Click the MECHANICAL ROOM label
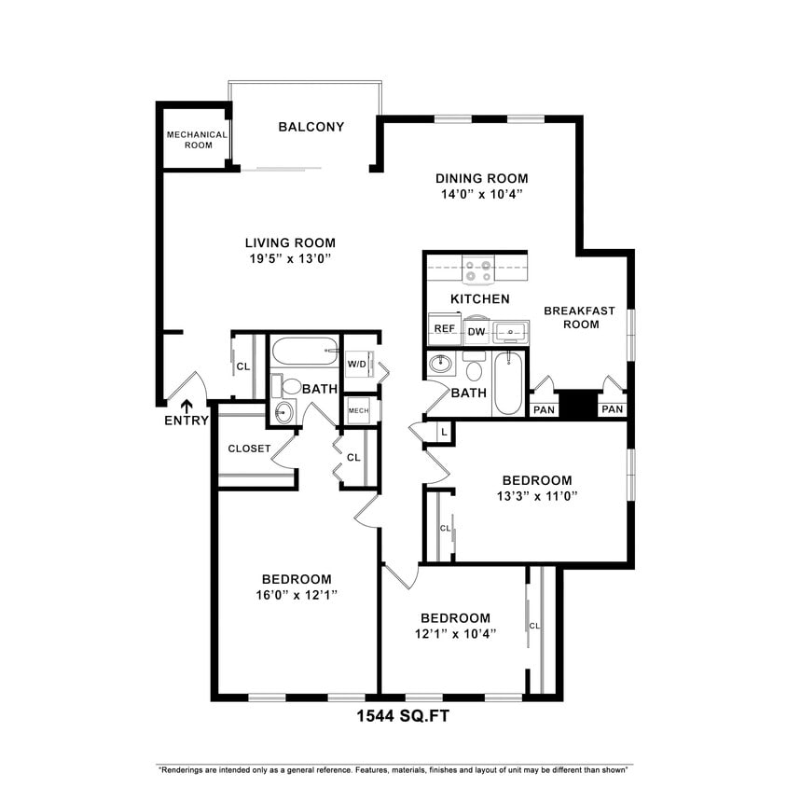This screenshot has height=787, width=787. coord(197,139)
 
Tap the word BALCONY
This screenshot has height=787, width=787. coord(311,127)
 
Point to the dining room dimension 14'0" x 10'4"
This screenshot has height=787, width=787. coord(481,194)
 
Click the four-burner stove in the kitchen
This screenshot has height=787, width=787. coord(479,270)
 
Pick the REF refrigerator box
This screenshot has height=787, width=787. coord(444,329)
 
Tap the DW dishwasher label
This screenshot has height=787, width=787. coord(476,331)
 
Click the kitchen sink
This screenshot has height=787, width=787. coord(510,330)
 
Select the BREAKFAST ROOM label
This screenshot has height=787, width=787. coord(572,317)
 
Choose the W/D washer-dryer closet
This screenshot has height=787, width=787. coord(357,364)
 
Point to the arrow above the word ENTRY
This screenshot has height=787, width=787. coord(186,405)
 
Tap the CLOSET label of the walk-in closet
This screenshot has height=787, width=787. coord(249,449)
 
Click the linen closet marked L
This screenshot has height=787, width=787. coord(443,432)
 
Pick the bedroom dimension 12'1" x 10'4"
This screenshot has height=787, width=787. coord(455,633)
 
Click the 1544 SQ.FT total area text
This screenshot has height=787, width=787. coord(408,717)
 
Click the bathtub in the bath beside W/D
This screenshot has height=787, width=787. coord(304,353)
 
